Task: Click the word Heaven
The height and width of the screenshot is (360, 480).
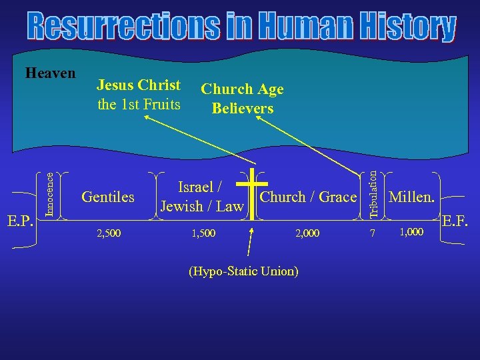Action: (50, 73)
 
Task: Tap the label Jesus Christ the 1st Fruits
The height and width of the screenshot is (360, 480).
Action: (139, 95)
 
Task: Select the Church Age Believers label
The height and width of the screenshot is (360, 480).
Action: (243, 99)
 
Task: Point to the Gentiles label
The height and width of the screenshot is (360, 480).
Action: (108, 197)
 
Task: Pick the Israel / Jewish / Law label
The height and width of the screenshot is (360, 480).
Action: (202, 197)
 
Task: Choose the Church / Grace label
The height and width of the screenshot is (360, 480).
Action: (308, 197)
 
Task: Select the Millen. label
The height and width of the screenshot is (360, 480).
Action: (412, 197)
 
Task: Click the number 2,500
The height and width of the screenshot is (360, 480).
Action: (109, 233)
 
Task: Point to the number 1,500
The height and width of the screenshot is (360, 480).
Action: (203, 233)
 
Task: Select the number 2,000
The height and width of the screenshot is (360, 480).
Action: (307, 233)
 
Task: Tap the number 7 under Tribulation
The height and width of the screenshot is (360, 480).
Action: (373, 233)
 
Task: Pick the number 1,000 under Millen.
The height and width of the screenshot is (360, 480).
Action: (411, 231)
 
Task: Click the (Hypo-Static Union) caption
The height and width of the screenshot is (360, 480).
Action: (244, 271)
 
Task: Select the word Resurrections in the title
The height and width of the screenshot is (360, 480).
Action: (123, 27)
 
